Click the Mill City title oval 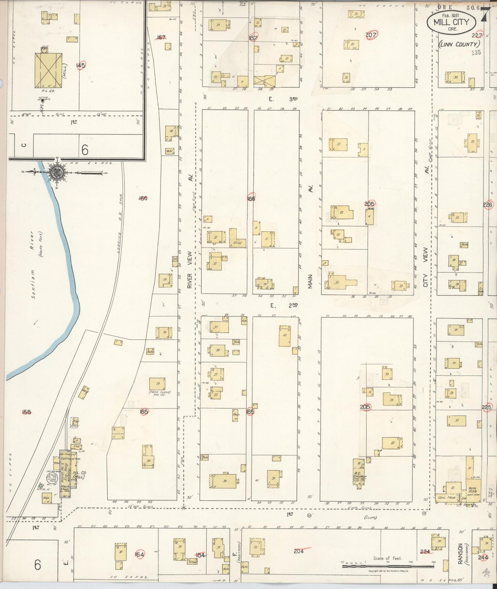451,22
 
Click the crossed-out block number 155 26,412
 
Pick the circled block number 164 139,554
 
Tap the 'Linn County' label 458,44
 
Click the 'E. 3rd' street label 283,99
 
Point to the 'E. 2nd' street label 283,305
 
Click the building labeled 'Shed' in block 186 238,242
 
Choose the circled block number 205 365,407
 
